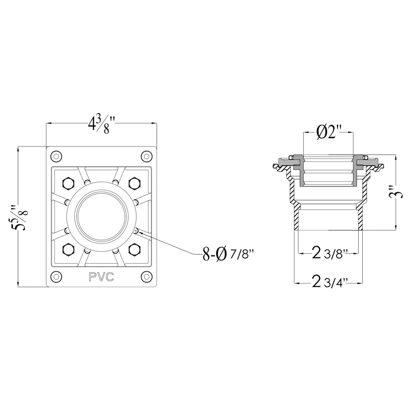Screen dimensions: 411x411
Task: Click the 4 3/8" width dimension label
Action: point(102,124)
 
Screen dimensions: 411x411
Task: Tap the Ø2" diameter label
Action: point(328,133)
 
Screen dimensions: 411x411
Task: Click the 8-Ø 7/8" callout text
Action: point(228,254)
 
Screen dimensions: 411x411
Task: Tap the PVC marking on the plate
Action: point(101,277)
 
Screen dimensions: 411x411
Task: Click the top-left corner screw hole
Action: point(56,157)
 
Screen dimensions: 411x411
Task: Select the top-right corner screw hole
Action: point(147,157)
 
